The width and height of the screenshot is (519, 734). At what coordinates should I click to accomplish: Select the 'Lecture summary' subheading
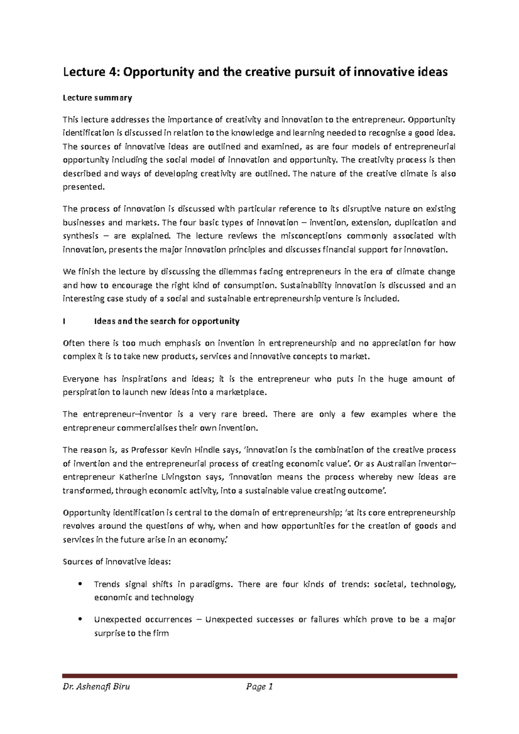(97, 98)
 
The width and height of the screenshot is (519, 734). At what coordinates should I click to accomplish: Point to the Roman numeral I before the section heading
(64, 321)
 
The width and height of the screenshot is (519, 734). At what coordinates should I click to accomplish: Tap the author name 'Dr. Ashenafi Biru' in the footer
(96, 687)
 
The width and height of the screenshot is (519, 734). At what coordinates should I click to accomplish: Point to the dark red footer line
(259, 676)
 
